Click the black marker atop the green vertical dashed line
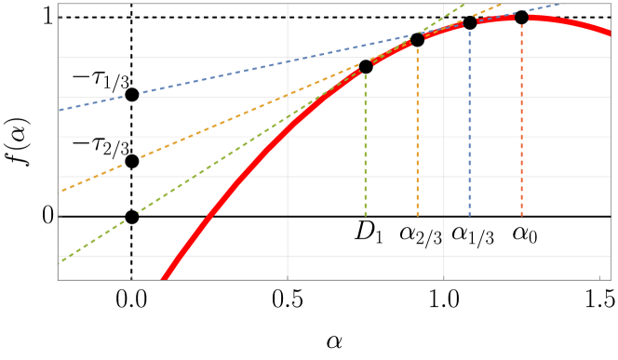(365, 64)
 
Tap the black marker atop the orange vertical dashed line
(417, 37)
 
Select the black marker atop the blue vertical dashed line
(469, 22)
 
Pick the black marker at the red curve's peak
(521, 17)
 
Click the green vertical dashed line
(365, 140)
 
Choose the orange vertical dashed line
(417, 130)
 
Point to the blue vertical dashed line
(469, 121)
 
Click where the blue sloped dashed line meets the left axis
(59, 110)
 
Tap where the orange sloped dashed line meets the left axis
(59, 192)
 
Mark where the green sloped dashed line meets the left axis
(59, 262)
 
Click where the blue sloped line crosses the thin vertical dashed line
(131, 95)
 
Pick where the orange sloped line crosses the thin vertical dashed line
(131, 161)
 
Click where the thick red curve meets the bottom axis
(164, 278)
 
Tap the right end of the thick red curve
(610, 33)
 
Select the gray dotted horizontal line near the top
(233, 18)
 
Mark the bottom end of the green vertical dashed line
(365, 216)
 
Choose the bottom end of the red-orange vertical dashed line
(521, 216)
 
